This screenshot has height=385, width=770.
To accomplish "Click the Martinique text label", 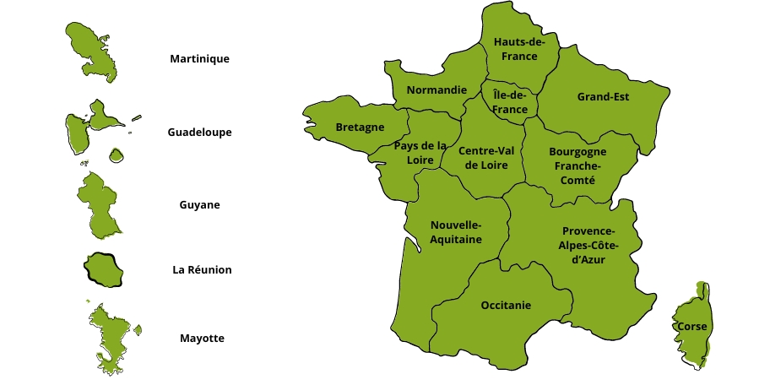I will [199, 59].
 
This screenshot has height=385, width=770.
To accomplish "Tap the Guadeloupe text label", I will [199, 133].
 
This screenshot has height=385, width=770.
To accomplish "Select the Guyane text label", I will [199, 205].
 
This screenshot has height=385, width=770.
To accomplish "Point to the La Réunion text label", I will [202, 270].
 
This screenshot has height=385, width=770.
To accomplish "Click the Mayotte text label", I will [202, 339].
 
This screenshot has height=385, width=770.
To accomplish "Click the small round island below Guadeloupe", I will [117, 155].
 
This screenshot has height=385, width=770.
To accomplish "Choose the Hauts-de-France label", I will [519, 49].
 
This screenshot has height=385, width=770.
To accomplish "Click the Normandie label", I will [437, 89].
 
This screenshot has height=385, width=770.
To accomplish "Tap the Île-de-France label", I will [510, 103].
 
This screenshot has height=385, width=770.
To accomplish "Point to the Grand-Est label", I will [603, 96].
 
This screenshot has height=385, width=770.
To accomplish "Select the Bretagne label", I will [360, 127].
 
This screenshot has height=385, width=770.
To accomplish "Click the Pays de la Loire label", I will [420, 153].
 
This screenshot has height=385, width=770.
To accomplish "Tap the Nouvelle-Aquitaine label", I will [456, 232].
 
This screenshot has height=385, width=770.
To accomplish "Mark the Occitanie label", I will [506, 305].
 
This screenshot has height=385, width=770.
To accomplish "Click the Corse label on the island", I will [691, 326].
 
